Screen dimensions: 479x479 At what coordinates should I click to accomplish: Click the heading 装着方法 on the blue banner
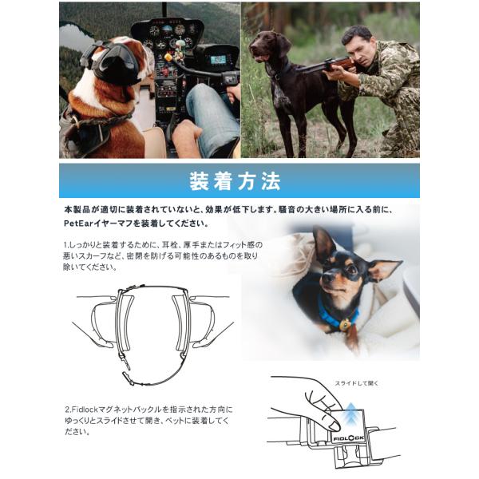click(x=235, y=181)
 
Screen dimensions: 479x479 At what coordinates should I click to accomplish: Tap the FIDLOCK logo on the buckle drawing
click(x=349, y=438)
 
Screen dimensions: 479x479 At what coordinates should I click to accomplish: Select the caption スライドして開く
click(x=356, y=383)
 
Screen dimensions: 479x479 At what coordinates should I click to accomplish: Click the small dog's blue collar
click(x=336, y=315)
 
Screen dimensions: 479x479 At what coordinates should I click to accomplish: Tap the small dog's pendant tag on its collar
click(x=345, y=325)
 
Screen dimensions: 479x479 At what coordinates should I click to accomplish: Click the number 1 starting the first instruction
click(x=65, y=245)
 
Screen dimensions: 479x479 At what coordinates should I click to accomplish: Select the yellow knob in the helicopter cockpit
click(x=168, y=57)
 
